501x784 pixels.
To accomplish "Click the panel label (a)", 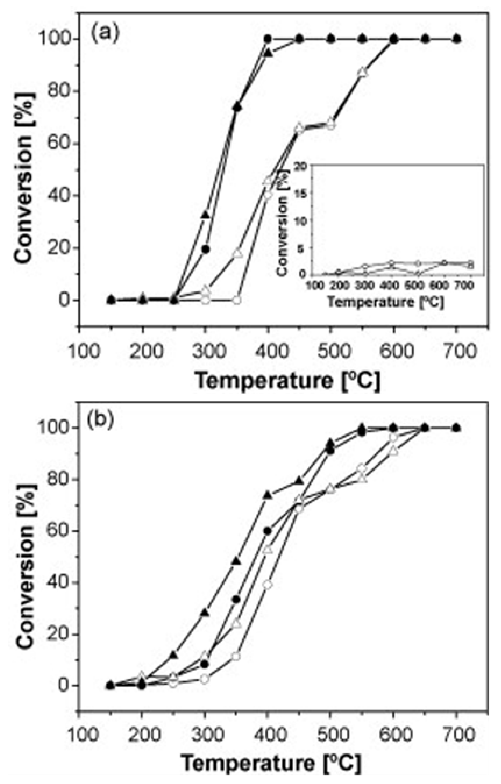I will tap(105, 33).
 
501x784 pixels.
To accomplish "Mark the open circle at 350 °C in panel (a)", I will tap(237, 300).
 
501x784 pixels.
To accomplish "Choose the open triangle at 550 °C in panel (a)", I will tap(362, 72).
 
